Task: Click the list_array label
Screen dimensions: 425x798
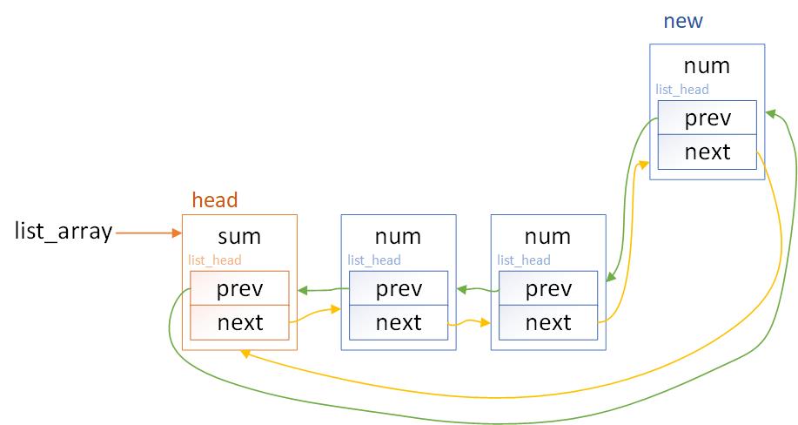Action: [64, 232]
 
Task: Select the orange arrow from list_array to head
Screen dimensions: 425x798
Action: [147, 233]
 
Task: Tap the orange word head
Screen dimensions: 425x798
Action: [214, 200]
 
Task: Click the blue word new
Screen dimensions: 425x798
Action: [683, 21]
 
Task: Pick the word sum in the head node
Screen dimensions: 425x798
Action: [240, 235]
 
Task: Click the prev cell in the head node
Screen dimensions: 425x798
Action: [240, 288]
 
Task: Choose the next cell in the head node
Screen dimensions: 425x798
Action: [240, 322]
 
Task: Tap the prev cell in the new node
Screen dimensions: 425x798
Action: [707, 118]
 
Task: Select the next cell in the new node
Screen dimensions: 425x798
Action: [707, 152]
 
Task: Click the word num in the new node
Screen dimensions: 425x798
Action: [707, 65]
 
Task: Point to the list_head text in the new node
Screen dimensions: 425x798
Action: [681, 89]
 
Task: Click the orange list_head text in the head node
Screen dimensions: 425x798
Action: [215, 260]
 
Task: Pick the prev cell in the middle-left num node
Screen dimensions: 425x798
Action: [399, 288]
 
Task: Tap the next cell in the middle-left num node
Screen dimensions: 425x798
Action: [399, 322]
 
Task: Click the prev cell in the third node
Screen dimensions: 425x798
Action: [548, 288]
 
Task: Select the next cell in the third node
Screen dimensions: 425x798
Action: [548, 322]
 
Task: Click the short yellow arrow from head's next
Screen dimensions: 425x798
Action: [314, 315]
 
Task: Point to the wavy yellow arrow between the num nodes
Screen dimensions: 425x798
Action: [469, 323]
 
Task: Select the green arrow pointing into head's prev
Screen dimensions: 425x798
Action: [322, 289]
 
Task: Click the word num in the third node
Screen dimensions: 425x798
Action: [548, 235]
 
